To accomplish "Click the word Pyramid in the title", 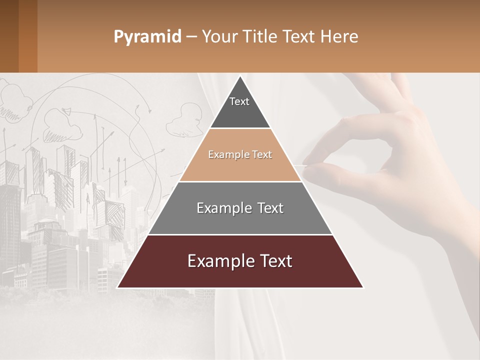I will click(x=147, y=36).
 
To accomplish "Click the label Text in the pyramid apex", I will click(x=239, y=101).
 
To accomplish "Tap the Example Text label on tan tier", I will click(x=240, y=154).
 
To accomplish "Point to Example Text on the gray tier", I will click(x=240, y=208).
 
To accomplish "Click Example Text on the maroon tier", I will click(x=240, y=261).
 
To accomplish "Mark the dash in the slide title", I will click(x=191, y=36).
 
